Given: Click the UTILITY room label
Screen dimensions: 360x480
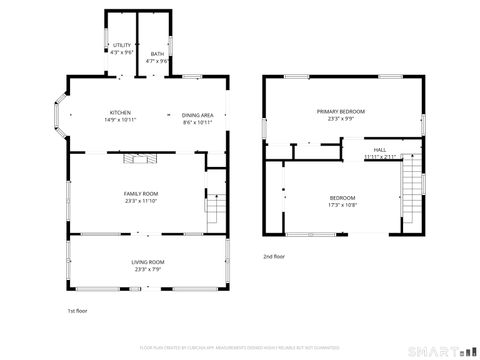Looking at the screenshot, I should (x=122, y=45).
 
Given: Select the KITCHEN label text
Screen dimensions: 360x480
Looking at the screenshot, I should (x=120, y=112).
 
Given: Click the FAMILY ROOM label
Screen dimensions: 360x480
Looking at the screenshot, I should (x=141, y=193).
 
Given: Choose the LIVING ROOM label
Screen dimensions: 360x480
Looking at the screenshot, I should (x=148, y=262).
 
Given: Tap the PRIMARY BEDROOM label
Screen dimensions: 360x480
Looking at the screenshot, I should (x=341, y=111).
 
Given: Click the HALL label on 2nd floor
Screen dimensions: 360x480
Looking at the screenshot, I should (x=380, y=149).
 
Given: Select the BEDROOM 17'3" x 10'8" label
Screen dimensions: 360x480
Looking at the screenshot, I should (x=342, y=198).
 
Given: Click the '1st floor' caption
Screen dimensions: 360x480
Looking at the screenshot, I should (x=78, y=312).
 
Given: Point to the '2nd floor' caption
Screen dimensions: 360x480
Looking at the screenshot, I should (x=275, y=257).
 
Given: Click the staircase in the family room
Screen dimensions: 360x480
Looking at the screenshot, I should (x=212, y=209).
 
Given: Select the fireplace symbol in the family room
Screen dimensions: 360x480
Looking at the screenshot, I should (x=133, y=159).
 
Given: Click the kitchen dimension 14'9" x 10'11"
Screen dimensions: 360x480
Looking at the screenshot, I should (x=120, y=120).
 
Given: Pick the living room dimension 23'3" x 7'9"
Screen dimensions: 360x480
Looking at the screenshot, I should (x=148, y=269).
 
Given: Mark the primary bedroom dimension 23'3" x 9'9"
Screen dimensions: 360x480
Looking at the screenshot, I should (x=341, y=118).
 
